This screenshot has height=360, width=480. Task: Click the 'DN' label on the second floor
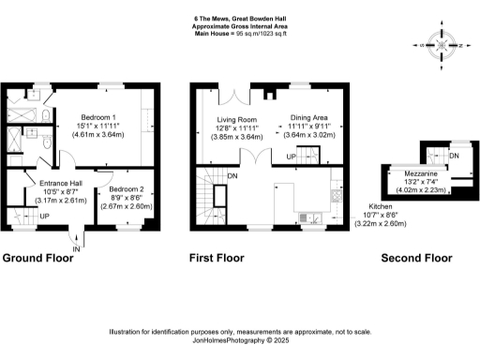click(x=453, y=156)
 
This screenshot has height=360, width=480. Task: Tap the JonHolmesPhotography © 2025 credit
click(x=240, y=340)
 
